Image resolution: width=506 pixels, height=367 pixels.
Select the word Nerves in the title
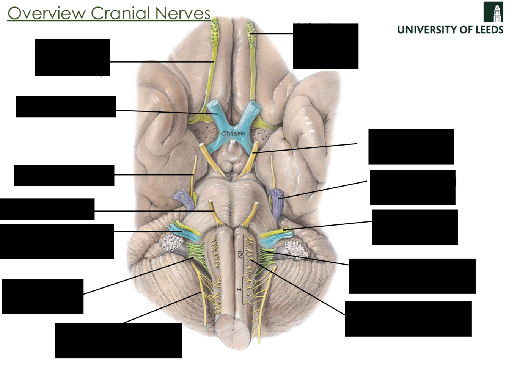182,14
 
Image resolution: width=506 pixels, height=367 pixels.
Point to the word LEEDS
490,30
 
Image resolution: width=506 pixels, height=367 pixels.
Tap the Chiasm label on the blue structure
233,133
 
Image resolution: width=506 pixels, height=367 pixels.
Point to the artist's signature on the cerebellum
318,285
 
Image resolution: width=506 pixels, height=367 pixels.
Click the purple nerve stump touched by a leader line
278,196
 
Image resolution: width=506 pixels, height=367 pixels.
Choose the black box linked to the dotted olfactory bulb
325,46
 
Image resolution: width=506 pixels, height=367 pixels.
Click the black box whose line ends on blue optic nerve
66,107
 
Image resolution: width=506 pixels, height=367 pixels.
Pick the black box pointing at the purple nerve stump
412,188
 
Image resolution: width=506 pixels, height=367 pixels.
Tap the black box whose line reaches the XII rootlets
408,319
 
